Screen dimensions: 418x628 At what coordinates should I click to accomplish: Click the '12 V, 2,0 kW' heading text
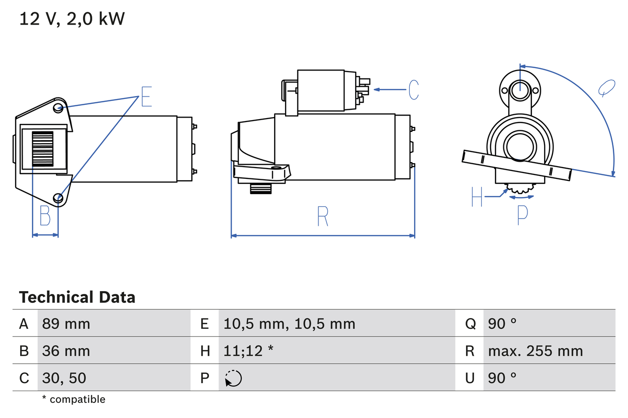coord(72,19)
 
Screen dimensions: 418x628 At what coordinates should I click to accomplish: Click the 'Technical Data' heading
coord(77,297)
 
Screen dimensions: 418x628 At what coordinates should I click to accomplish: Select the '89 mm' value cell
coord(66,323)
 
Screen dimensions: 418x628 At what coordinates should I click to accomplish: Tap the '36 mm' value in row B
coord(66,351)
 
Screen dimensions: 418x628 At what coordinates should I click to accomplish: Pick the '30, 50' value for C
coord(64,378)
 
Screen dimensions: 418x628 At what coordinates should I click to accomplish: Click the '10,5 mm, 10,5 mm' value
coord(289,323)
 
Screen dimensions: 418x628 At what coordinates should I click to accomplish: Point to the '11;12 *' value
coord(248,351)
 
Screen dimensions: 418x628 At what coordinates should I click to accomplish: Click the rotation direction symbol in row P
coord(233,378)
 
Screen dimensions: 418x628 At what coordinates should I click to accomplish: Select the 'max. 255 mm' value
coord(535,351)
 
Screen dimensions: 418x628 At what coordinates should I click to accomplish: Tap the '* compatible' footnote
coord(74,399)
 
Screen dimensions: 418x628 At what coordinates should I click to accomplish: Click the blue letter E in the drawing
coord(146,97)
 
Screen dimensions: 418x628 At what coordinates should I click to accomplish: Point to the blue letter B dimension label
coord(45,216)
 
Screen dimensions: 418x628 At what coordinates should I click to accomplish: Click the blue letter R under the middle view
coord(322,216)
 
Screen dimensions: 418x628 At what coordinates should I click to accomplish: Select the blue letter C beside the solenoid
coord(414,90)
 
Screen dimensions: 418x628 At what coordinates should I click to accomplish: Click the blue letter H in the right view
coord(477,197)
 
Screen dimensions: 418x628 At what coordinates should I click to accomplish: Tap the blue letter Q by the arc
coord(606,88)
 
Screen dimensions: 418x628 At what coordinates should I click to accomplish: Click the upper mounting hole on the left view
coord(58,107)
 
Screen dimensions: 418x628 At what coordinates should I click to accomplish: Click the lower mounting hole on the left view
coord(59,197)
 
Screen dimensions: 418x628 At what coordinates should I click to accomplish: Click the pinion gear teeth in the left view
coord(42,149)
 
